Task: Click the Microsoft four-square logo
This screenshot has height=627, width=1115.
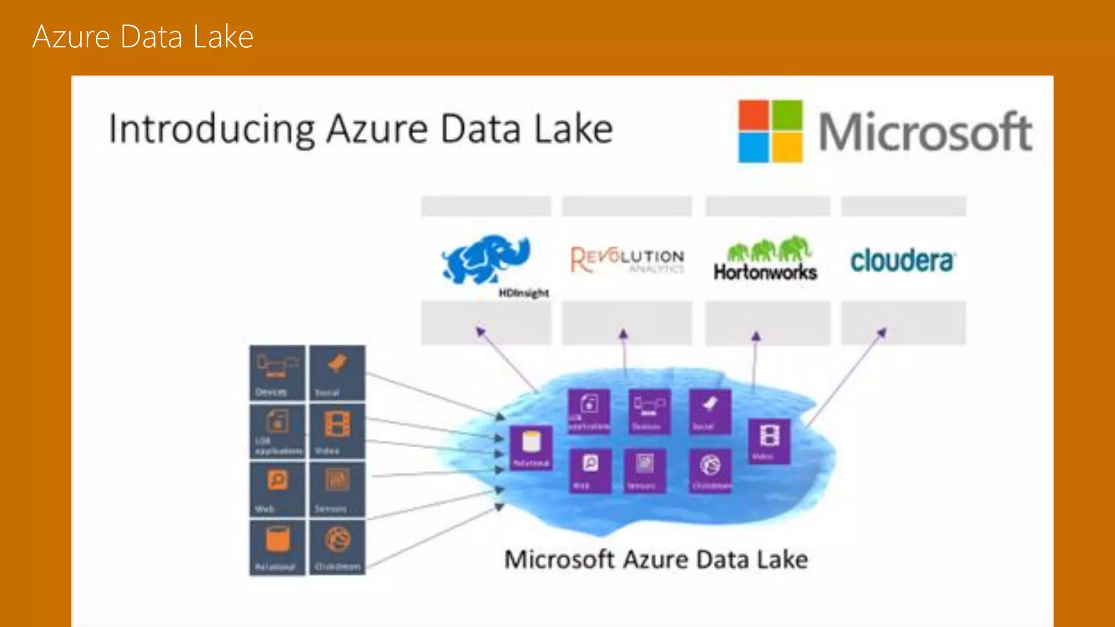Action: coord(770,131)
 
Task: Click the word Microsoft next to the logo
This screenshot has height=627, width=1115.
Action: coord(925,132)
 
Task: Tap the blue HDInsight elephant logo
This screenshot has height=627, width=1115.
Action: coord(486,260)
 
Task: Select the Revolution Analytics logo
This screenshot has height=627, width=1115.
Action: coord(627,260)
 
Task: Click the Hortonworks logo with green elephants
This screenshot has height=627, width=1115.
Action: coord(765,259)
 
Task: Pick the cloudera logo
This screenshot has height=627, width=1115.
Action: coord(902,261)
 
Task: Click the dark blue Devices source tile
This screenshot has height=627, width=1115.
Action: coord(277,373)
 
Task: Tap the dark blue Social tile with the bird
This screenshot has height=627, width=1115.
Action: coord(338,373)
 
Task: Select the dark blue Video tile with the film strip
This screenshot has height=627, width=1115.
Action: coord(338,432)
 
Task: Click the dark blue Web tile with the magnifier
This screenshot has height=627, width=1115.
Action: coord(277,489)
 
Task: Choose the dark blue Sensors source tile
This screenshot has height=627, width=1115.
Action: coord(338,489)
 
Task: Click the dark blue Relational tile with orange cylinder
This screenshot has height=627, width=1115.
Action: coord(277,547)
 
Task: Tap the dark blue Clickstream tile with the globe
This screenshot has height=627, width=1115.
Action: coord(338,547)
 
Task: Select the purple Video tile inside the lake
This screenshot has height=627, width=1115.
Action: coord(769,441)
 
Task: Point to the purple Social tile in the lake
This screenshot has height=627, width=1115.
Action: coord(709,411)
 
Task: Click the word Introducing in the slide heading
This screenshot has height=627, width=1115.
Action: coord(212,130)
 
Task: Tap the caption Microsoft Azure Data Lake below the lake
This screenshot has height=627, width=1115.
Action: coord(655,560)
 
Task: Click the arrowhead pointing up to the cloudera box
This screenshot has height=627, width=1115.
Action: coord(882,331)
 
